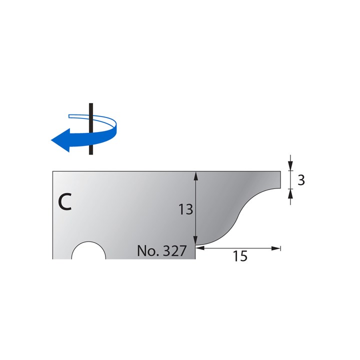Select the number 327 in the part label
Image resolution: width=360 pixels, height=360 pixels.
(x=176, y=251)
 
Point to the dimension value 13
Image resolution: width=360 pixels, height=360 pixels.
(x=185, y=209)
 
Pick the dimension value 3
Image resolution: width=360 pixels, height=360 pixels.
(x=301, y=180)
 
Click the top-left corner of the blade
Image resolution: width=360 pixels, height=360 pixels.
(x=53, y=171)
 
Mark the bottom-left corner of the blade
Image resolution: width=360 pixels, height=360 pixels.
(x=53, y=258)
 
